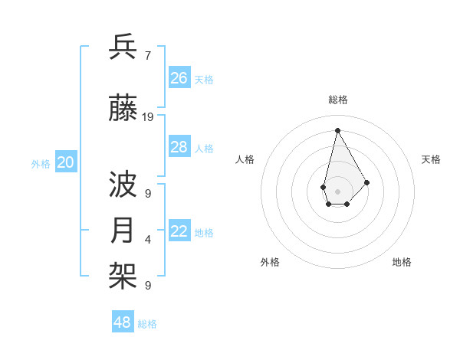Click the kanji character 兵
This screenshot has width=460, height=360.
tap(123, 47)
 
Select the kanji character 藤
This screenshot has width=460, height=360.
tap(123, 110)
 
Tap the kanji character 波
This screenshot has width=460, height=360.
tap(123, 186)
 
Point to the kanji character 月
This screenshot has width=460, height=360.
tap(123, 231)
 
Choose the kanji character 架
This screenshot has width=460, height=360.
tap(123, 275)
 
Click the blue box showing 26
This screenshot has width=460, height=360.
tap(179, 77)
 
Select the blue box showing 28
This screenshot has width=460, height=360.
tap(179, 147)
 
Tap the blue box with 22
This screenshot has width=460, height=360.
tap(179, 232)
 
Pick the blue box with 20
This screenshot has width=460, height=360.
tap(66, 162)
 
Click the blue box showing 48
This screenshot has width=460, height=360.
tap(123, 322)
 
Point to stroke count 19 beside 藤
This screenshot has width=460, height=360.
tap(148, 117)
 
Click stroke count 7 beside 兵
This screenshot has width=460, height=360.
tap(147, 55)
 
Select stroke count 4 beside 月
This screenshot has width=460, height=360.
tap(147, 240)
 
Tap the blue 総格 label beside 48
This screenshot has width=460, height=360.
tap(147, 324)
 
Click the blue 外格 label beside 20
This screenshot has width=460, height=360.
tap(41, 163)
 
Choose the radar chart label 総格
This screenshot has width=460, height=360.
tap(337, 100)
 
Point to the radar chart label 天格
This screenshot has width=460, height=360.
tap(431, 159)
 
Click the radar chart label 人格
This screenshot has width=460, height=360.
tap(245, 159)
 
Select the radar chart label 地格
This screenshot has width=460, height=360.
tap(402, 262)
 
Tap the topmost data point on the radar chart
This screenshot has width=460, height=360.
tap(337, 130)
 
